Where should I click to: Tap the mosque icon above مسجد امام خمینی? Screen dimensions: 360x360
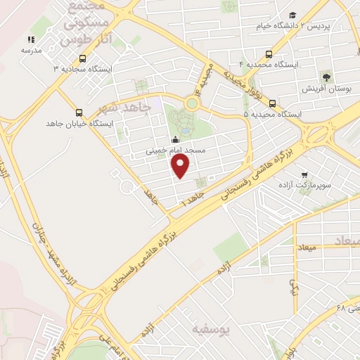pyautogui.click(x=175, y=139)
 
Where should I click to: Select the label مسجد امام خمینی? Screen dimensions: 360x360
pyautogui.click(x=175, y=150)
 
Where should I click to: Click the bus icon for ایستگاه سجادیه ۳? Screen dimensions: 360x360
pyautogui.click(x=84, y=58)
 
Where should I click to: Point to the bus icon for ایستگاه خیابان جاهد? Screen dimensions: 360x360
pyautogui.click(x=78, y=112)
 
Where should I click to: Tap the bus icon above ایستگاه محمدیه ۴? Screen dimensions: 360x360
pyautogui.click(x=269, y=53)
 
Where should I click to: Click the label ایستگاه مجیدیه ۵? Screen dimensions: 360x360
pyautogui.click(x=273, y=114)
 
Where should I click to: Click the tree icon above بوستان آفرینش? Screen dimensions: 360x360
pyautogui.click(x=325, y=77)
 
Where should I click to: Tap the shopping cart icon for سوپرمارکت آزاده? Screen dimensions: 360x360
pyautogui.click(x=304, y=174)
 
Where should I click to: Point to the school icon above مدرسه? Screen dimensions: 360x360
pyautogui.click(x=31, y=40)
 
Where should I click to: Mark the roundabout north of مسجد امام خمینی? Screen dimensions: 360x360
pyautogui.click(x=191, y=104)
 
